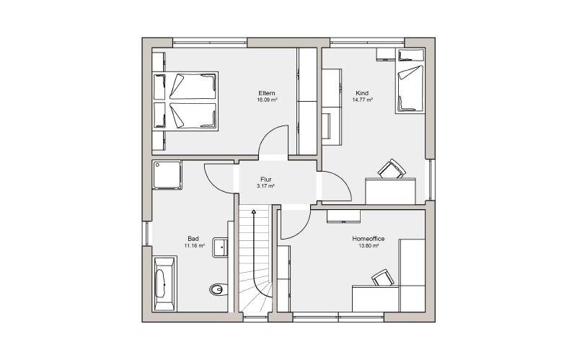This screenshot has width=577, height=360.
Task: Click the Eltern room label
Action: pos(266,93)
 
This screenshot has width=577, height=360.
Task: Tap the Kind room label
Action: pos(362,93)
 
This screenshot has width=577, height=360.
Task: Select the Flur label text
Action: pos(265,180)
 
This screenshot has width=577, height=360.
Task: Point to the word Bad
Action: pos(193,239)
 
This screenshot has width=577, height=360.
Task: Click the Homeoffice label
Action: pos(369,239)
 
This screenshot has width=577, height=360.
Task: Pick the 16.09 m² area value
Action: pos(267,100)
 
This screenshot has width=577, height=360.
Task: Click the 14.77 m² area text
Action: pos(363,100)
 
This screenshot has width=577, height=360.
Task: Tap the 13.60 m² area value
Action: pos(369,245)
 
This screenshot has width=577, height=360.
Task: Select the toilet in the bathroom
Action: pos(219,289)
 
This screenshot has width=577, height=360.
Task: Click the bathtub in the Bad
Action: pos(164,284)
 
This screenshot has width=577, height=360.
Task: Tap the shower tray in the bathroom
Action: pos(167,175)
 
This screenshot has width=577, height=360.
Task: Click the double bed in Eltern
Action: pos(185,101)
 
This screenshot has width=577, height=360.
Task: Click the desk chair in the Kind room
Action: pos(392,170)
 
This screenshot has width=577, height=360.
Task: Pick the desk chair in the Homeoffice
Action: pos(383,278)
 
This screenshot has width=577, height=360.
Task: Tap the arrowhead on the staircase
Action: pos(254,211)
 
